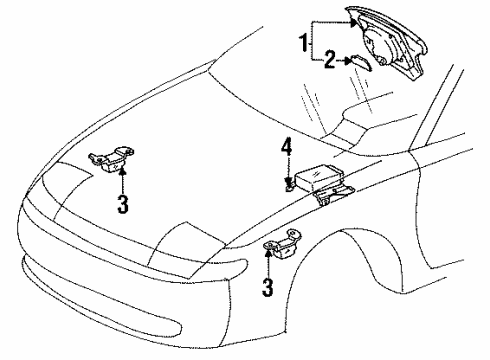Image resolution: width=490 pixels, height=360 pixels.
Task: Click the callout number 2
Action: pyautogui.click(x=327, y=61)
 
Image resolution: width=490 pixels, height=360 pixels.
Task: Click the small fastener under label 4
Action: pyautogui.click(x=288, y=184)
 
